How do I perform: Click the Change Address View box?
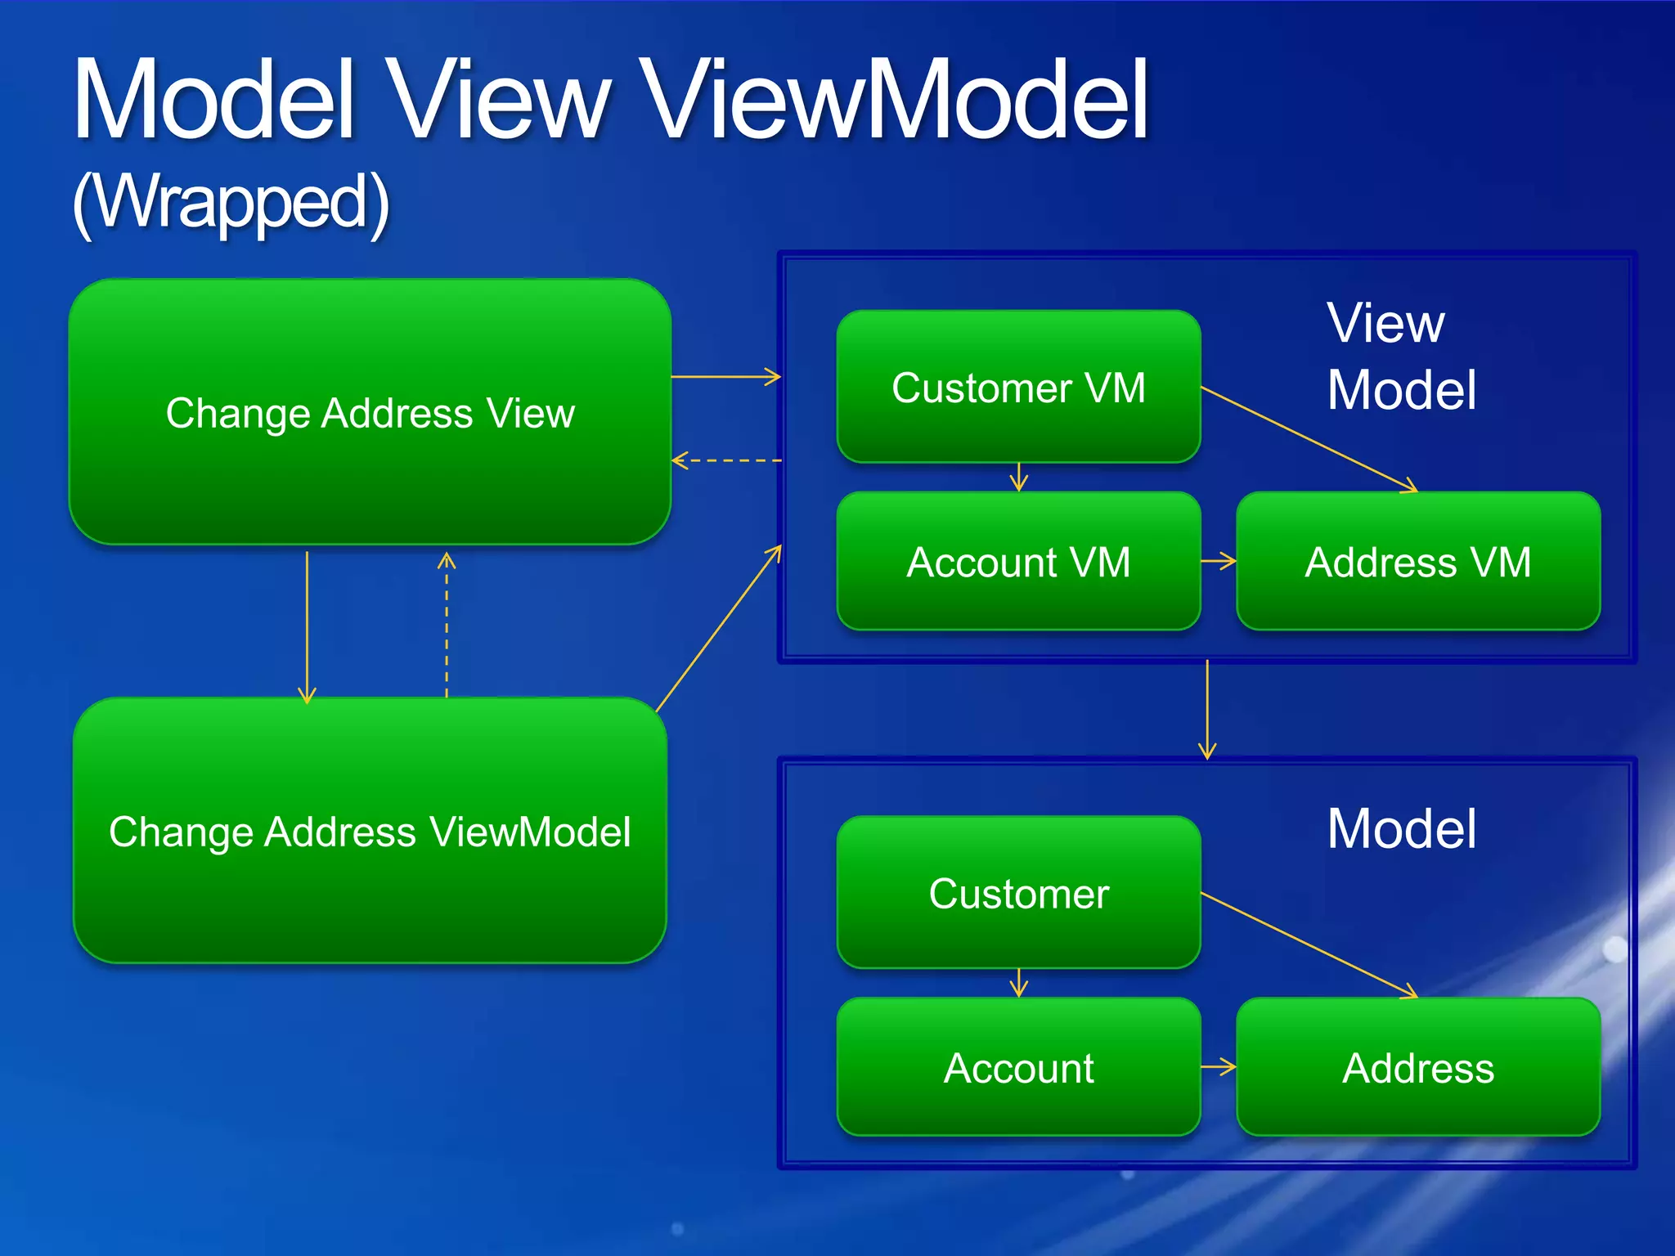pyautogui.click(x=370, y=412)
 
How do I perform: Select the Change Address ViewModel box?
pyautogui.click(x=370, y=831)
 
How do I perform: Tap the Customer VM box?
pyautogui.click(x=1018, y=387)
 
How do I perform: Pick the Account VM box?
pyautogui.click(x=1018, y=562)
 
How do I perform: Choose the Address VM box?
pyautogui.click(x=1418, y=562)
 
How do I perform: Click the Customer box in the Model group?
pyautogui.click(x=1018, y=893)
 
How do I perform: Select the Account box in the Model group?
pyautogui.click(x=1018, y=1067)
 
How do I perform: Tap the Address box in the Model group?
pyautogui.click(x=1418, y=1067)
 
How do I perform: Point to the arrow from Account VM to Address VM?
pyautogui.click(x=1218, y=561)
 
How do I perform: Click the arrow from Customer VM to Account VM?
pyautogui.click(x=1018, y=477)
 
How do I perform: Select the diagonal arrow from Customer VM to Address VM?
pyautogui.click(x=1309, y=439)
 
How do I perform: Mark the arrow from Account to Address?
pyautogui.click(x=1218, y=1067)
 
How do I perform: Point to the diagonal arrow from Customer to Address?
pyautogui.click(x=1309, y=944)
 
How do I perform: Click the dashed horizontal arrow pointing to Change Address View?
pyautogui.click(x=726, y=460)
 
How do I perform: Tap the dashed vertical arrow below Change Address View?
pyautogui.click(x=447, y=626)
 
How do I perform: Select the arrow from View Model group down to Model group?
pyautogui.click(x=1207, y=709)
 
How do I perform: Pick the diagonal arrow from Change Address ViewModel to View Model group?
pyautogui.click(x=718, y=629)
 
